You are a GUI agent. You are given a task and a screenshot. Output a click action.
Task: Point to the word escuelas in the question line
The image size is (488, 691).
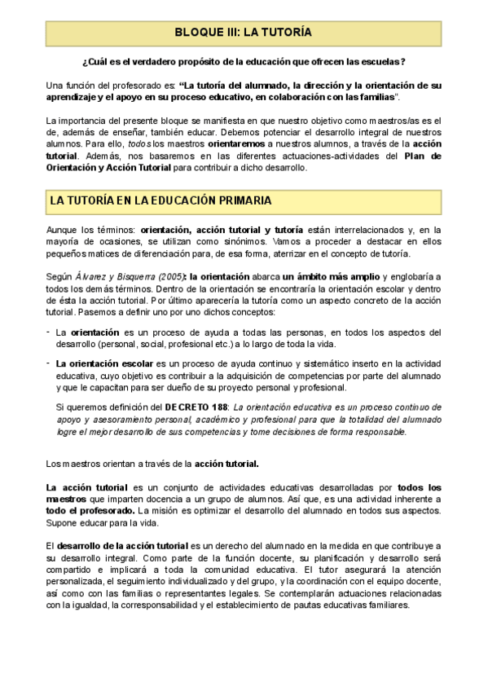point(377,62)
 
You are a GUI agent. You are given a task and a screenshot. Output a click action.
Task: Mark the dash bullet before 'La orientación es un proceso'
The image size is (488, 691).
point(49,332)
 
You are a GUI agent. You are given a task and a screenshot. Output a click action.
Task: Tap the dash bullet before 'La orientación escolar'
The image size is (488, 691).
point(49,362)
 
